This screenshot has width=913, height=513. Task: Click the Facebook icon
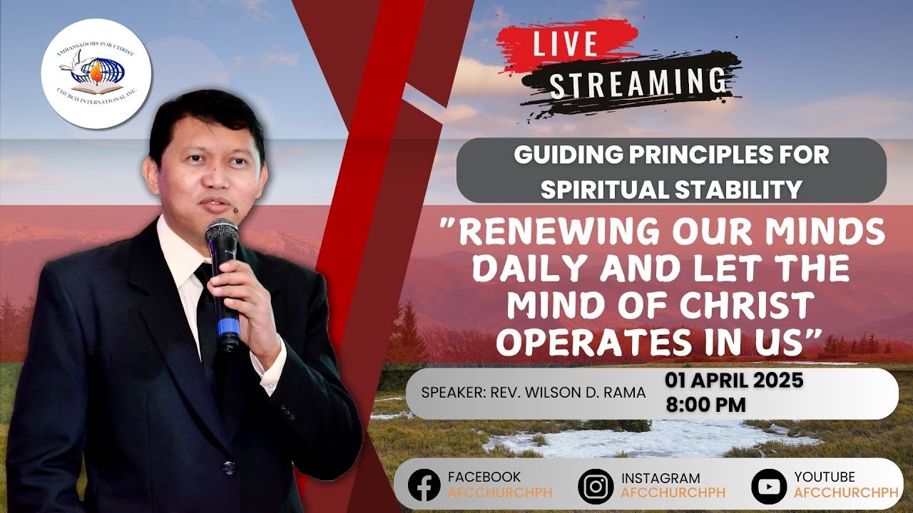click(x=424, y=485)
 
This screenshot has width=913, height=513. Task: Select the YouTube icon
click(x=768, y=486)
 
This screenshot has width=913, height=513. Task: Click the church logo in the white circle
click(x=95, y=73)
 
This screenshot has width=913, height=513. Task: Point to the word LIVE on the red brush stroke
click(x=564, y=44)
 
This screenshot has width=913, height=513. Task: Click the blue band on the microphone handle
click(x=228, y=328)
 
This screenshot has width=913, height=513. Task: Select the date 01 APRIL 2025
click(x=734, y=380)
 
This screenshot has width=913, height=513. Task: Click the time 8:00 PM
click(x=705, y=405)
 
